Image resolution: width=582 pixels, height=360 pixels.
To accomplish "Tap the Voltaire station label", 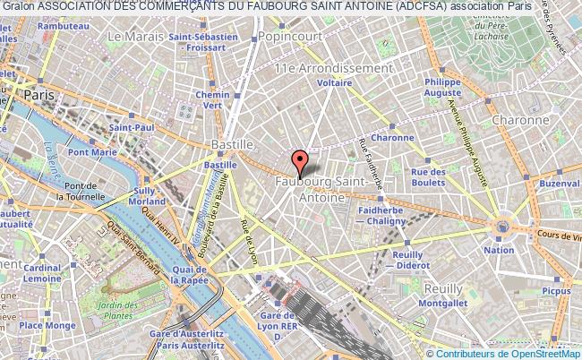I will coord(334,82).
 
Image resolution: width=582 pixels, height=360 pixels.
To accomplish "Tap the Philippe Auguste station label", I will coord(443,86).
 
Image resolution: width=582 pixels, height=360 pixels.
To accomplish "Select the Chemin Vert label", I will coord(213,99).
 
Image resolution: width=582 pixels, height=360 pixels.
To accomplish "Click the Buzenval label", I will coord(560,183).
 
